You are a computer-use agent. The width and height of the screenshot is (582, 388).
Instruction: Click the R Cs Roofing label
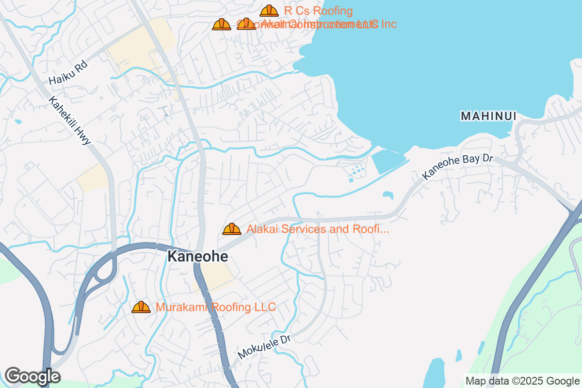click(318, 11)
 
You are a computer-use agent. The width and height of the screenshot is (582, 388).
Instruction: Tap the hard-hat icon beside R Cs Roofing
click(269, 11)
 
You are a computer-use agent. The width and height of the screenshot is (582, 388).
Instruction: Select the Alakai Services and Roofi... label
click(318, 229)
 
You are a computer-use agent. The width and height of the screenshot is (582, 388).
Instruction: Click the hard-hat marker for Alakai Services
click(232, 229)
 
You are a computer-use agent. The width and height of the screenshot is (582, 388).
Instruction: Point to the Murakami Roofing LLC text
click(215, 307)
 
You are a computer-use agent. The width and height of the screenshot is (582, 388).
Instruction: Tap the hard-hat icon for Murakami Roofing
click(141, 307)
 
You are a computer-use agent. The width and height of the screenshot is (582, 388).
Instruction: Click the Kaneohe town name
click(197, 257)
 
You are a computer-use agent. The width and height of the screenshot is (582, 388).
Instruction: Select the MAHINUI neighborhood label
click(488, 116)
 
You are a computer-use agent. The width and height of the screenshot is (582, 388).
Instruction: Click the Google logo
click(32, 376)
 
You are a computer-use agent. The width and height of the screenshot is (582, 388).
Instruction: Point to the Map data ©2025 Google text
click(522, 381)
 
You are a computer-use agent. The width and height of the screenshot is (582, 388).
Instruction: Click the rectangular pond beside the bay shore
click(388, 160)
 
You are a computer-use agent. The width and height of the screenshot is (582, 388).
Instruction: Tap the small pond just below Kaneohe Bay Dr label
click(388, 195)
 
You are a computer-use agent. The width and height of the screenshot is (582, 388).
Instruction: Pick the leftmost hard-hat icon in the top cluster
click(222, 24)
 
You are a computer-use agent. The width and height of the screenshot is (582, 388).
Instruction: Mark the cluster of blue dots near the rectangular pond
click(356, 171)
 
